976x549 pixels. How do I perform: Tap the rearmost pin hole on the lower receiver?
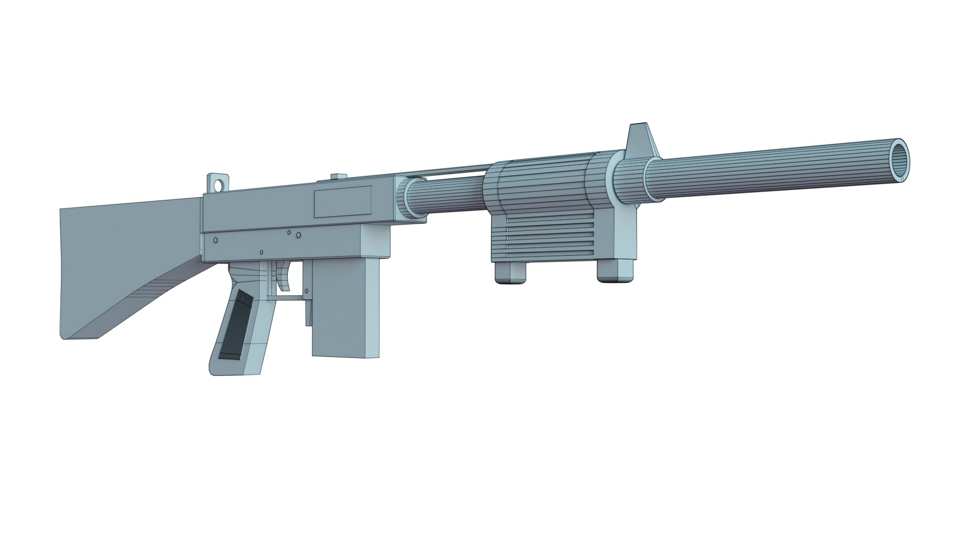(x=216, y=240)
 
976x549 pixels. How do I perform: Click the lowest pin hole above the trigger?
(x=261, y=252)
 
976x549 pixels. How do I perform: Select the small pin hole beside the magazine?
(x=307, y=291)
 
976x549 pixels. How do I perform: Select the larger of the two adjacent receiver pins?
(x=298, y=235)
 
